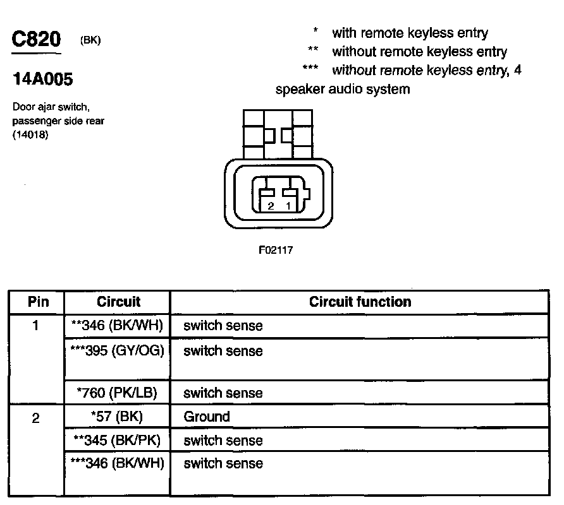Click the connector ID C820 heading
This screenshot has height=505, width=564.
(x=37, y=40)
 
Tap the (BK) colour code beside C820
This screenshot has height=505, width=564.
(x=91, y=40)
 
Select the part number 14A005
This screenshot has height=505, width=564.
(x=43, y=80)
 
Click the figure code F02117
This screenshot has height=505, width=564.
(x=276, y=250)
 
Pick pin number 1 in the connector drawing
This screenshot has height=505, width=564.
(x=288, y=206)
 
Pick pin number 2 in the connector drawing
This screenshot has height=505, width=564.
(x=271, y=206)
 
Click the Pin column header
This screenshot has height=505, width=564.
(x=38, y=302)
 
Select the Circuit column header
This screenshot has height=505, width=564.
(x=119, y=302)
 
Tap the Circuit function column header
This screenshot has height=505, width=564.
(x=360, y=302)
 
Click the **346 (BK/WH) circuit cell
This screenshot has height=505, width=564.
(x=118, y=326)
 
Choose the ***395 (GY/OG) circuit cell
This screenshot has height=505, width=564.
(x=118, y=351)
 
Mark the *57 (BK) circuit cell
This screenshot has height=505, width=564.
(x=118, y=417)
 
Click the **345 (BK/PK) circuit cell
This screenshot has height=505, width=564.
(x=118, y=440)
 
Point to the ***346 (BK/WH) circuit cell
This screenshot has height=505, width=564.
(x=118, y=463)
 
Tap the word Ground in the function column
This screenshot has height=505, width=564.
(x=207, y=417)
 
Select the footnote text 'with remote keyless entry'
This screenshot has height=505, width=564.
(x=410, y=33)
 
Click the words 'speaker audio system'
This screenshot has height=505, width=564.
(x=343, y=89)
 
